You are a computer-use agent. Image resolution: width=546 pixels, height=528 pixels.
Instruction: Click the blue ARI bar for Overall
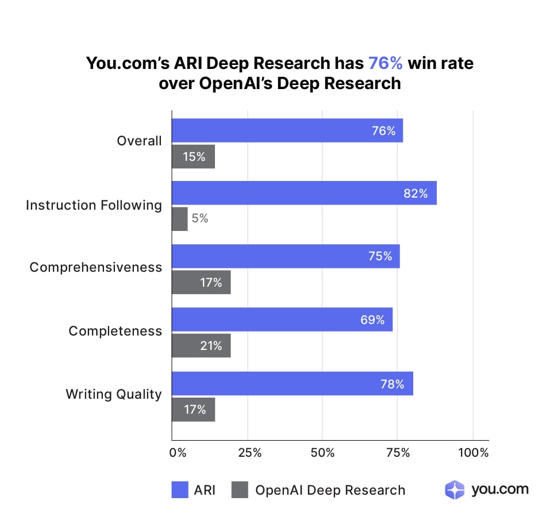coord(287,130)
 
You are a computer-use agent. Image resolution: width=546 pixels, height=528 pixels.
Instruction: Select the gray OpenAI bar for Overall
coord(194,156)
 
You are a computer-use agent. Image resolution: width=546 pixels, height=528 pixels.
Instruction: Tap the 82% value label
coord(415,194)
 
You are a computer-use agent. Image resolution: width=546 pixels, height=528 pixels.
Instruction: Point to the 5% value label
coord(200,219)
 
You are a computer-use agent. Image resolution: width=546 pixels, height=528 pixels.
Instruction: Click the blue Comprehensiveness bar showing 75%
coord(286,256)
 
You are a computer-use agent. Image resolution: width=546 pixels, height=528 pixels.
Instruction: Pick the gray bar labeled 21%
coord(201,346)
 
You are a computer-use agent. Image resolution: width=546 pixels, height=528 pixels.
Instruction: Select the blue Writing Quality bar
coord(293,383)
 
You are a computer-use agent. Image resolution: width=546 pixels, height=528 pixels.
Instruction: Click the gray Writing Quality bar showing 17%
coord(194,410)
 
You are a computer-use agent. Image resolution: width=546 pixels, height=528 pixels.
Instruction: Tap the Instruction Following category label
coord(94,205)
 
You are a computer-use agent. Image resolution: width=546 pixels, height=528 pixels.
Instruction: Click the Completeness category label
coord(115,332)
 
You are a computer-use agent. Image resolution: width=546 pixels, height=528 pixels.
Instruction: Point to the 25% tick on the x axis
coord(249,453)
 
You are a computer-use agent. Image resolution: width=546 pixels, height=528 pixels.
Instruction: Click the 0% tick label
coord(178,453)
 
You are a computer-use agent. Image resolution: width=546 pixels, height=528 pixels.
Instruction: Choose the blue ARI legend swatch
coord(180,490)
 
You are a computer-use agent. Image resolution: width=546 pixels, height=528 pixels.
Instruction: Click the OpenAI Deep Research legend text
coord(330,490)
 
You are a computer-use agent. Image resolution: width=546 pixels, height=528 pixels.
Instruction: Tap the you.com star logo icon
coord(455,490)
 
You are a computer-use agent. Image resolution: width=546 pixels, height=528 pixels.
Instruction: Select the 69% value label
coord(372,320)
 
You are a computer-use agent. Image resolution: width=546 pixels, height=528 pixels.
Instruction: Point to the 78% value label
coord(393,383)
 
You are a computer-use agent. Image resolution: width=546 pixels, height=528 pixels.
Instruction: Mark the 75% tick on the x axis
coord(398,453)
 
